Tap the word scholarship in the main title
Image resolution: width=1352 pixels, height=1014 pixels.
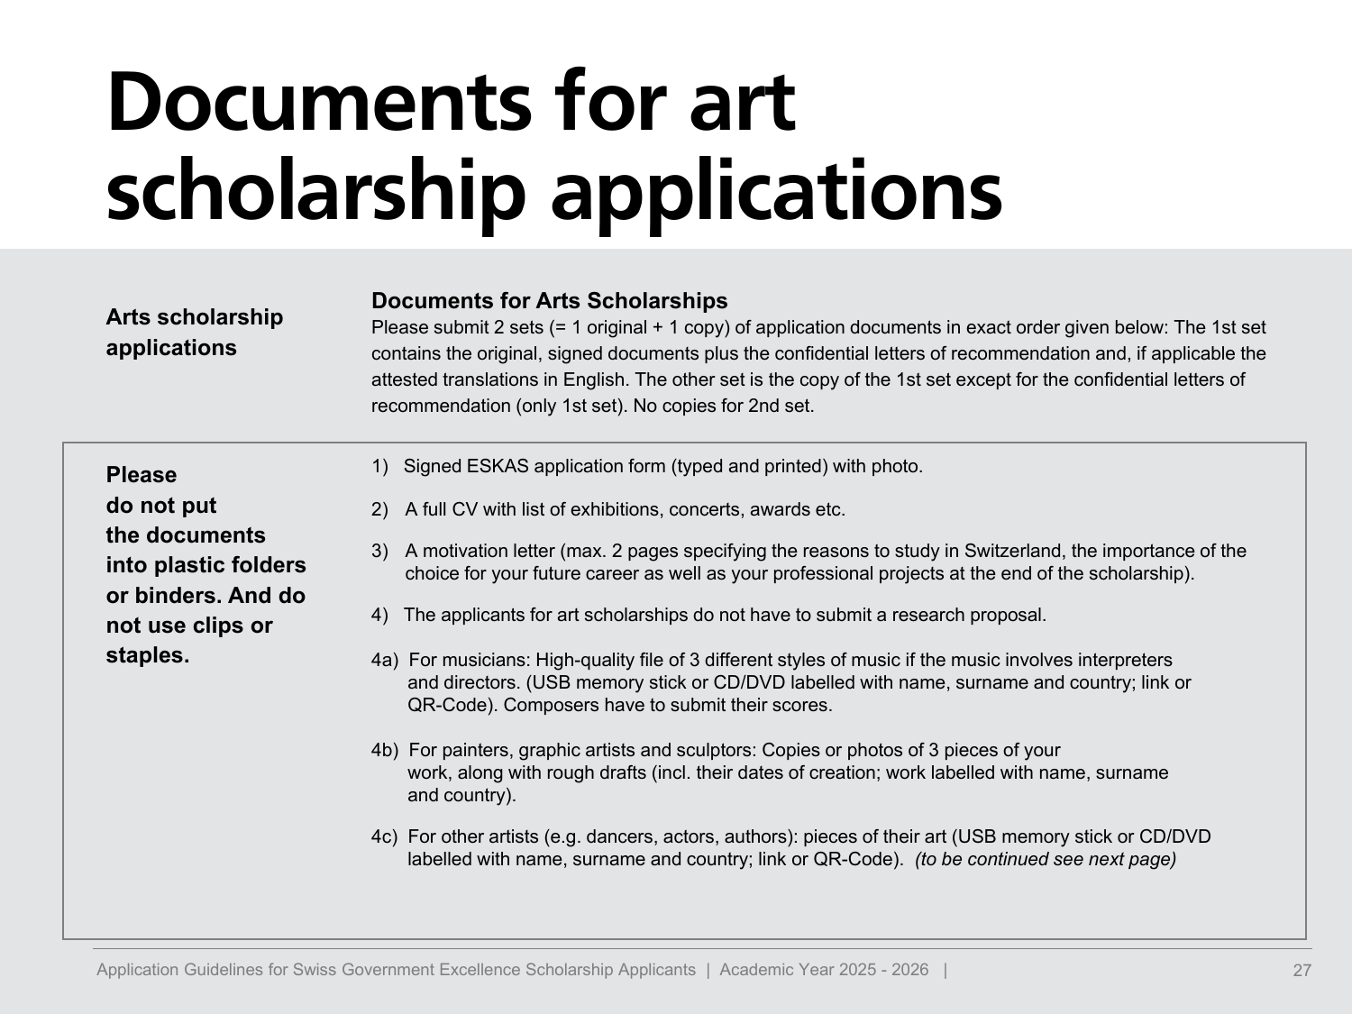[315, 191]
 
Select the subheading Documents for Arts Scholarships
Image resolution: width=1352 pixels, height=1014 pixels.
[549, 300]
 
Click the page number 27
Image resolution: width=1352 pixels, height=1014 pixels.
[1302, 971]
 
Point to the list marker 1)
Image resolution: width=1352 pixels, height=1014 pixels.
[379, 466]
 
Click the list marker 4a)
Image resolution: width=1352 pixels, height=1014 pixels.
[384, 660]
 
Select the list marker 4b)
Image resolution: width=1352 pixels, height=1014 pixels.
[384, 750]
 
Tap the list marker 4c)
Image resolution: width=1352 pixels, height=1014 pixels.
[384, 836]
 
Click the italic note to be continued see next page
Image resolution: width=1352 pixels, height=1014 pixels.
[1046, 859]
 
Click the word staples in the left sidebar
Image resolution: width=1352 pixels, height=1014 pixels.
[145, 655]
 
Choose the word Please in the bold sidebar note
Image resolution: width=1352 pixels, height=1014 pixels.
[142, 475]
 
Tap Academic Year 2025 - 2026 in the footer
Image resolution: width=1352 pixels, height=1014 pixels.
[824, 970]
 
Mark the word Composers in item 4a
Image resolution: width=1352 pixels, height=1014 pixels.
[550, 705]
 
